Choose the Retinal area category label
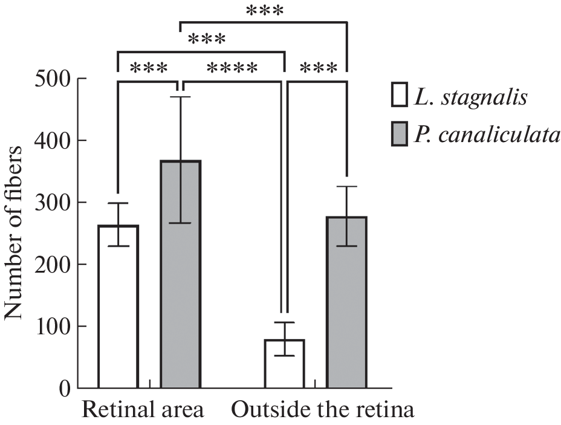click(x=143, y=410)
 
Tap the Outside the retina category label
click(x=323, y=410)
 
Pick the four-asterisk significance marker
click(x=232, y=68)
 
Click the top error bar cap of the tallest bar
click(x=180, y=97)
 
